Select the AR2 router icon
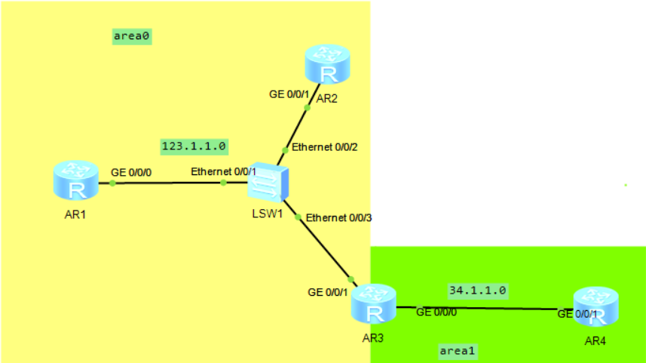[328, 65]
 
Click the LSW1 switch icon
[268, 181]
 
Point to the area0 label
[132, 35]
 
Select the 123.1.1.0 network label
[194, 145]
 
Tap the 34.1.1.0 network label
[477, 290]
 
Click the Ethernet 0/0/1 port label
[223, 172]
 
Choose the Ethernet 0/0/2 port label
[324, 147]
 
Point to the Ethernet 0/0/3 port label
[339, 218]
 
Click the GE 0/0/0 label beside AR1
[131, 172]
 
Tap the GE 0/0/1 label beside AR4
[577, 314]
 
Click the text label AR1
[75, 214]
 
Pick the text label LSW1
[268, 214]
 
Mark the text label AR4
[595, 341]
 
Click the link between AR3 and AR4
[482, 308]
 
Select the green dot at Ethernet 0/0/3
[299, 217]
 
